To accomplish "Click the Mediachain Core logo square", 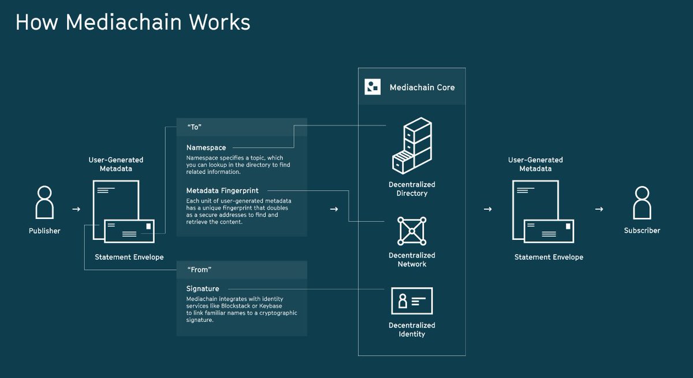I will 372,87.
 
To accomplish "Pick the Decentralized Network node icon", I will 412,231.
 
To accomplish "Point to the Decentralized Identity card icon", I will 412,301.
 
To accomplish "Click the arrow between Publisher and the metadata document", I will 76,209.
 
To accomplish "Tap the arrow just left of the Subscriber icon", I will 599,209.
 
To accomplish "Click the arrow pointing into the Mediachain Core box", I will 334,209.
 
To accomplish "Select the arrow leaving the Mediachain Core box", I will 487,209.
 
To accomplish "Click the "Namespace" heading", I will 206,148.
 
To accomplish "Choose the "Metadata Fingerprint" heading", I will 222,191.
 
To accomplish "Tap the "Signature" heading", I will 203,288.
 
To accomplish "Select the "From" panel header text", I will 200,269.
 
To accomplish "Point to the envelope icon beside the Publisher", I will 129,231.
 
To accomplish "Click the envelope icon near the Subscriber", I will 549,231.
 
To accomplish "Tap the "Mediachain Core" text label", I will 422,87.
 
